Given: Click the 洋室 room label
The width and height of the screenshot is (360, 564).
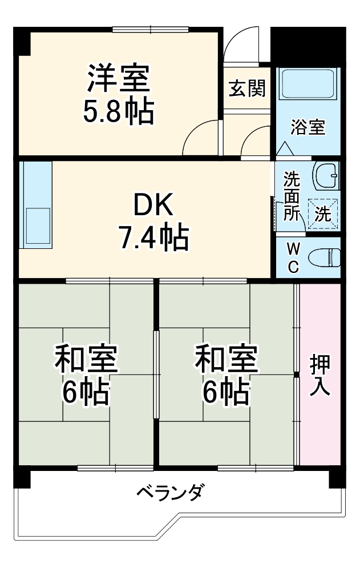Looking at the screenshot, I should tap(119, 79).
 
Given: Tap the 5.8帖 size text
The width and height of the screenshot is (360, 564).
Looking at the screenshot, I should tap(119, 112).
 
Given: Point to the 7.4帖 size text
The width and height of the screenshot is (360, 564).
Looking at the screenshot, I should tap(152, 239).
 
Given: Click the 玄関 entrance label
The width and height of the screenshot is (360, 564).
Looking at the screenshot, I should tap(248, 88).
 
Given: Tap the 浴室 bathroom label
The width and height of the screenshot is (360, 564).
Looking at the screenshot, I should tap(308, 127).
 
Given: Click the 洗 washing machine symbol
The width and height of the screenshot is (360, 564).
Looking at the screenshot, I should tap(323, 213).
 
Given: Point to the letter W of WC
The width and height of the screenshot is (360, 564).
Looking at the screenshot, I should tap(292, 248).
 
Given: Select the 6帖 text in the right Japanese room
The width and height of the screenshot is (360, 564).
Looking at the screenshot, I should tap(226, 392).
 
